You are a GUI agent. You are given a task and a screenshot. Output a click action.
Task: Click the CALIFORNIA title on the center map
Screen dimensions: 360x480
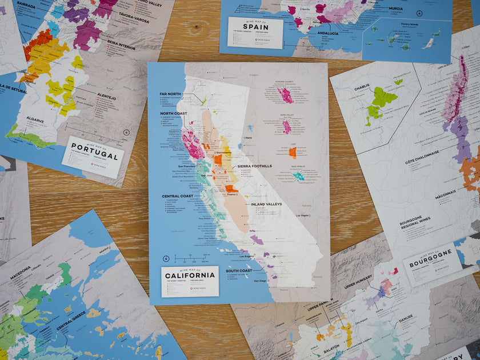(x=190, y=275)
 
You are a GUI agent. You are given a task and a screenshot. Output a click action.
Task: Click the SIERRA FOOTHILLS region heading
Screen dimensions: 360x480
(x=255, y=166)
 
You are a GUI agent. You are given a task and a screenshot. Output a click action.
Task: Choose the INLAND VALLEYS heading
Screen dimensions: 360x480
(x=266, y=204)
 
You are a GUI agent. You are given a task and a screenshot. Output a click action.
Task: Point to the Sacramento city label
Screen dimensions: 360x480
(x=223, y=153)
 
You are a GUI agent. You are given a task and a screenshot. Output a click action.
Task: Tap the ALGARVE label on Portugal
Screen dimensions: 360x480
(x=35, y=120)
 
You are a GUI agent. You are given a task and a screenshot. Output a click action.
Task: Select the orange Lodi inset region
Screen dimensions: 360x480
(x=293, y=152)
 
